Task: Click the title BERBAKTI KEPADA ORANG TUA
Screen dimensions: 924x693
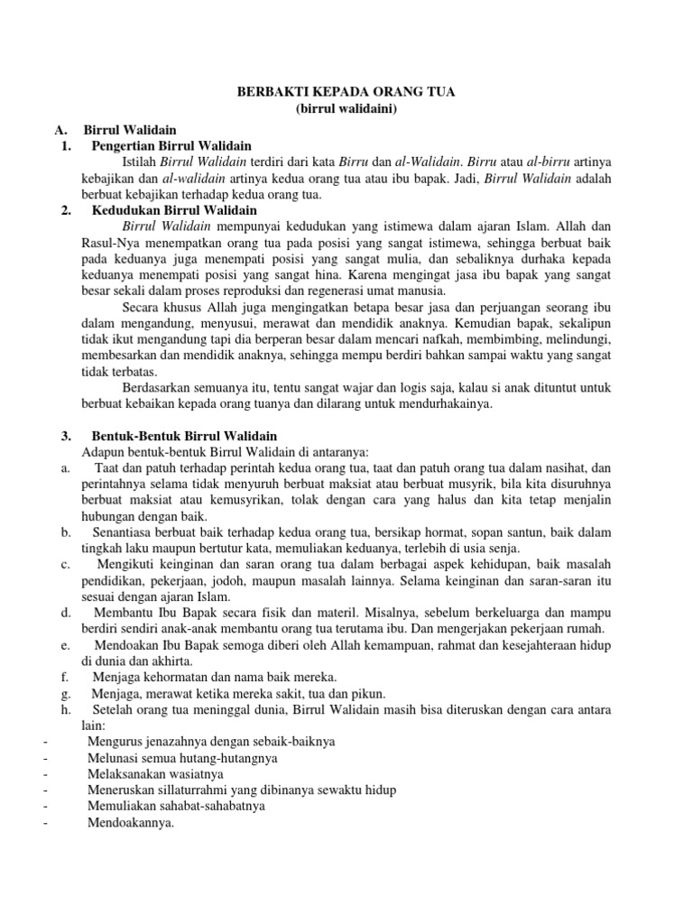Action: (346, 92)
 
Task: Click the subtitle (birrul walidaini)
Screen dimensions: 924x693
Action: (346, 109)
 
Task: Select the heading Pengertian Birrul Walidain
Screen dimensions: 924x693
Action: (171, 145)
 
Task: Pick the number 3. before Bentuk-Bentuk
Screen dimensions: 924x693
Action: (66, 436)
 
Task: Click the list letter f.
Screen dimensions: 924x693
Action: (64, 676)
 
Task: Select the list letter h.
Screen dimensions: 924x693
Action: (65, 709)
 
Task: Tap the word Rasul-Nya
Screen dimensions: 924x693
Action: (109, 243)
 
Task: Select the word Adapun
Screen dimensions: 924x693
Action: (103, 451)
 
